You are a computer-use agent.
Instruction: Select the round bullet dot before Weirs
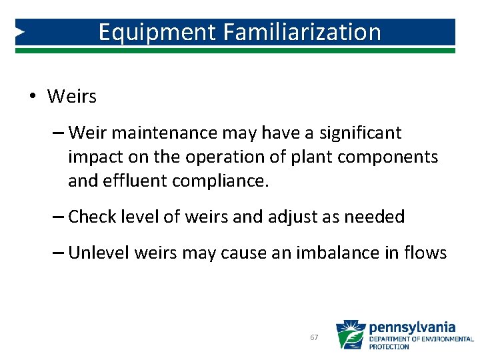[32, 97]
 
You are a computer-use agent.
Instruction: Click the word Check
[93, 217]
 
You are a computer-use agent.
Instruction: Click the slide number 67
[314, 338]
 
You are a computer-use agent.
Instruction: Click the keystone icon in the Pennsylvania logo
[350, 335]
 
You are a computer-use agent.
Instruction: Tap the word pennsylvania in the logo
[412, 327]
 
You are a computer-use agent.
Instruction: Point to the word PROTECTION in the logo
[389, 347]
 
